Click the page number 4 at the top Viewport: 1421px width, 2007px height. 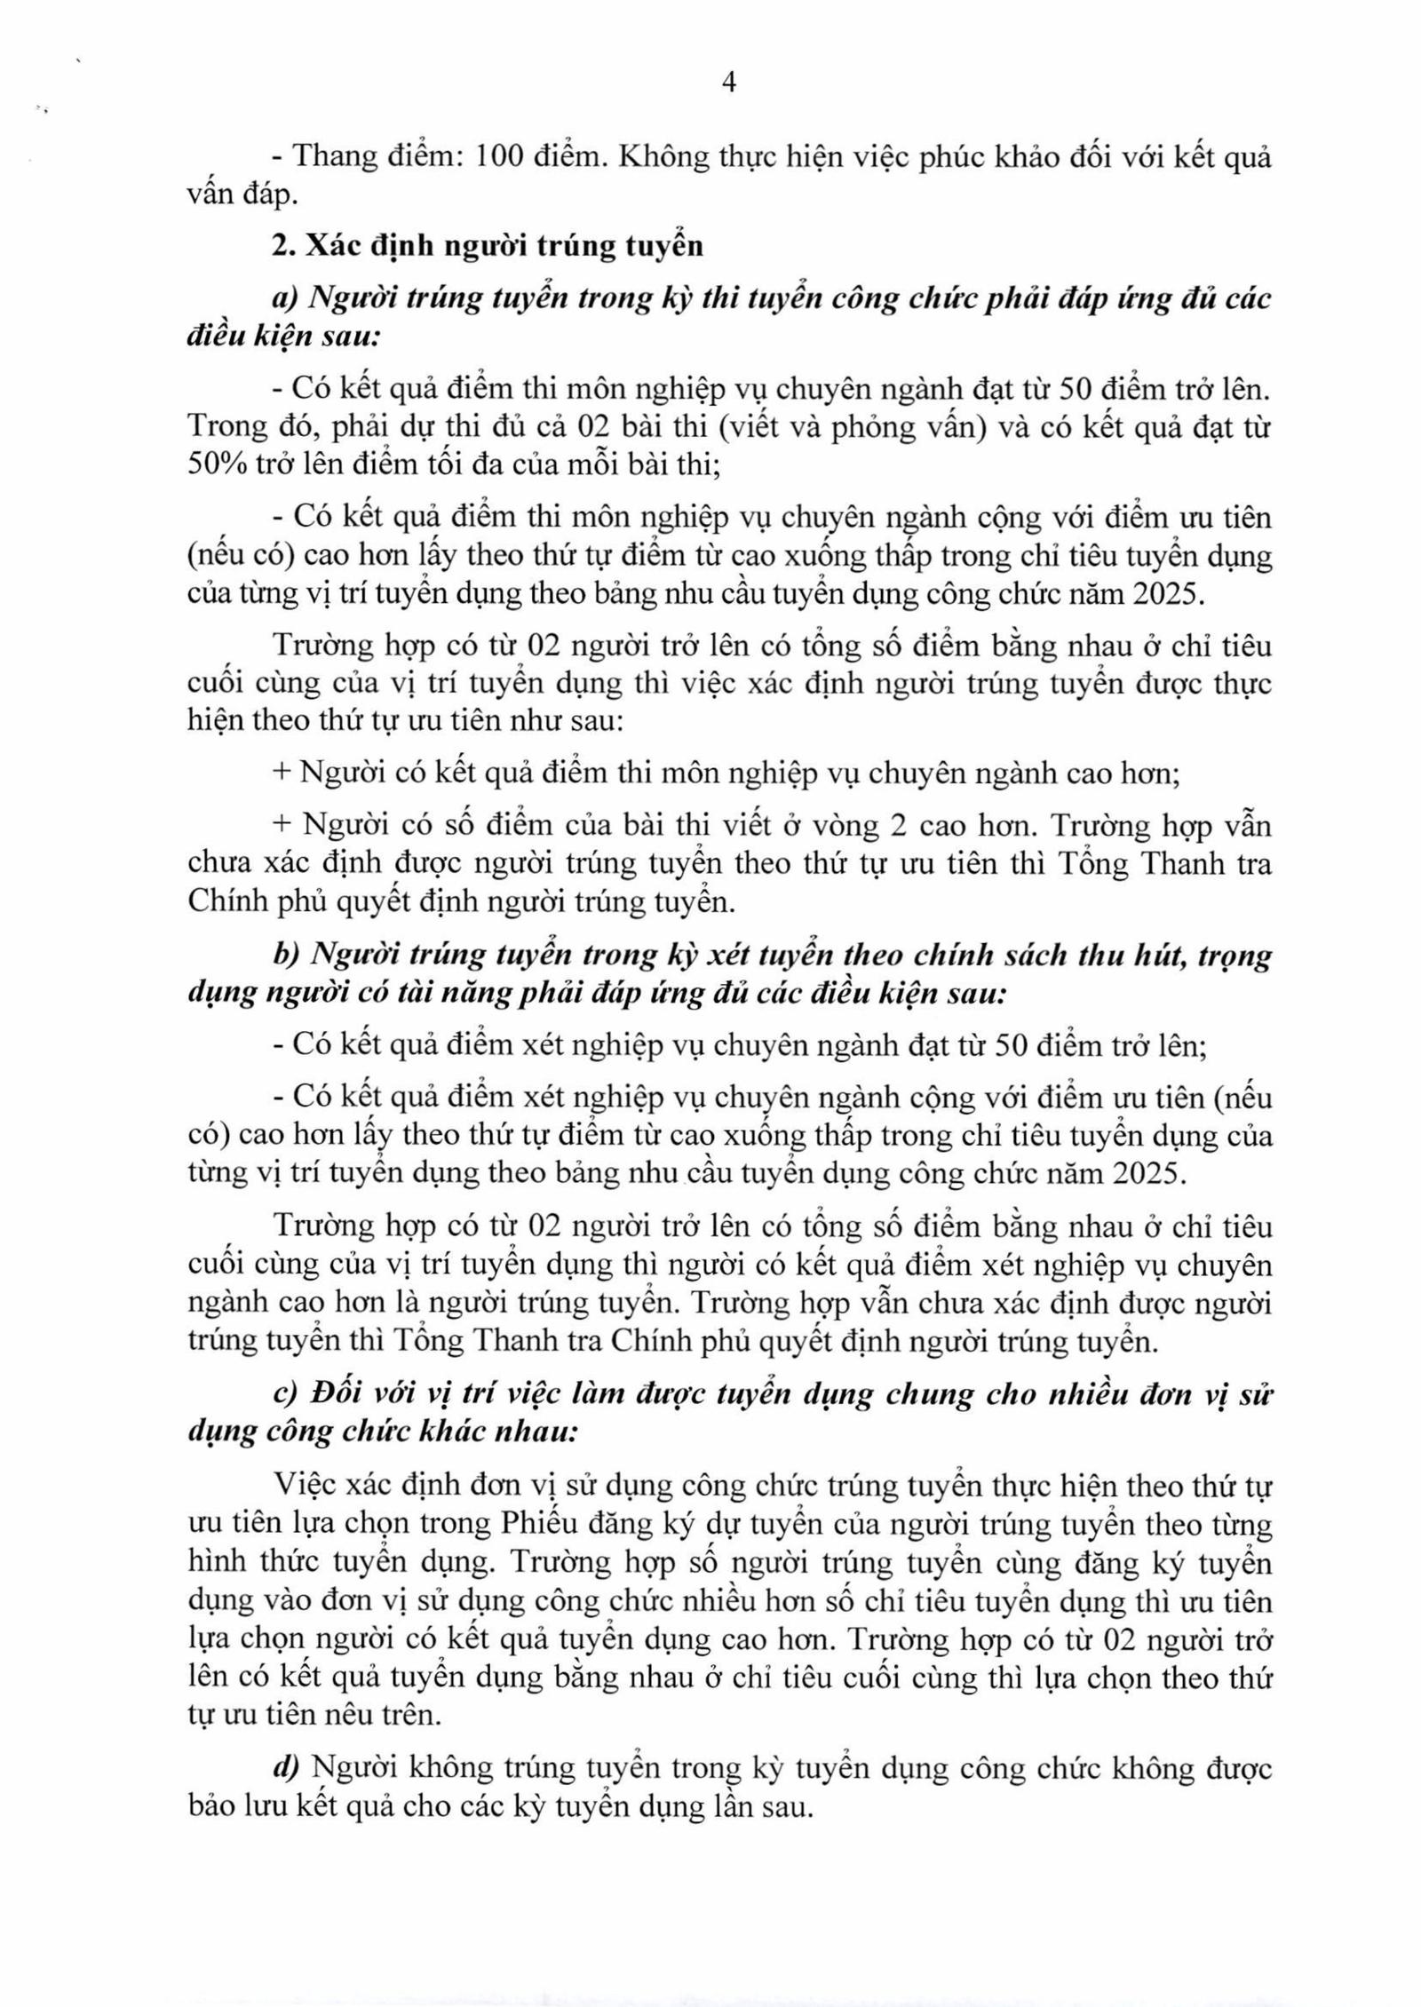[x=728, y=83]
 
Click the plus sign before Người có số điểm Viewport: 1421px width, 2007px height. [x=282, y=825]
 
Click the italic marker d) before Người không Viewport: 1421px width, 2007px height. [x=286, y=1768]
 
